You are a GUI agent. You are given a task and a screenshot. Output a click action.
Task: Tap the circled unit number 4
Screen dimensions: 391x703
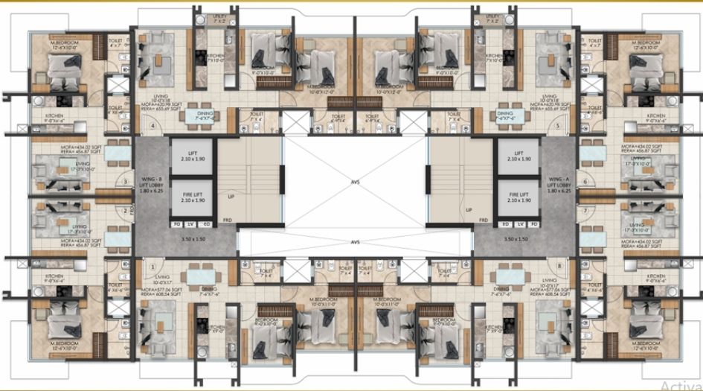click(x=153, y=126)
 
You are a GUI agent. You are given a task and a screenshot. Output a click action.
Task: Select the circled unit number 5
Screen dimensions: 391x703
click(x=557, y=126)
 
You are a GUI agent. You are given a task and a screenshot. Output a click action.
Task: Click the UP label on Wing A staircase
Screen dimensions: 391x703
click(x=469, y=210)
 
